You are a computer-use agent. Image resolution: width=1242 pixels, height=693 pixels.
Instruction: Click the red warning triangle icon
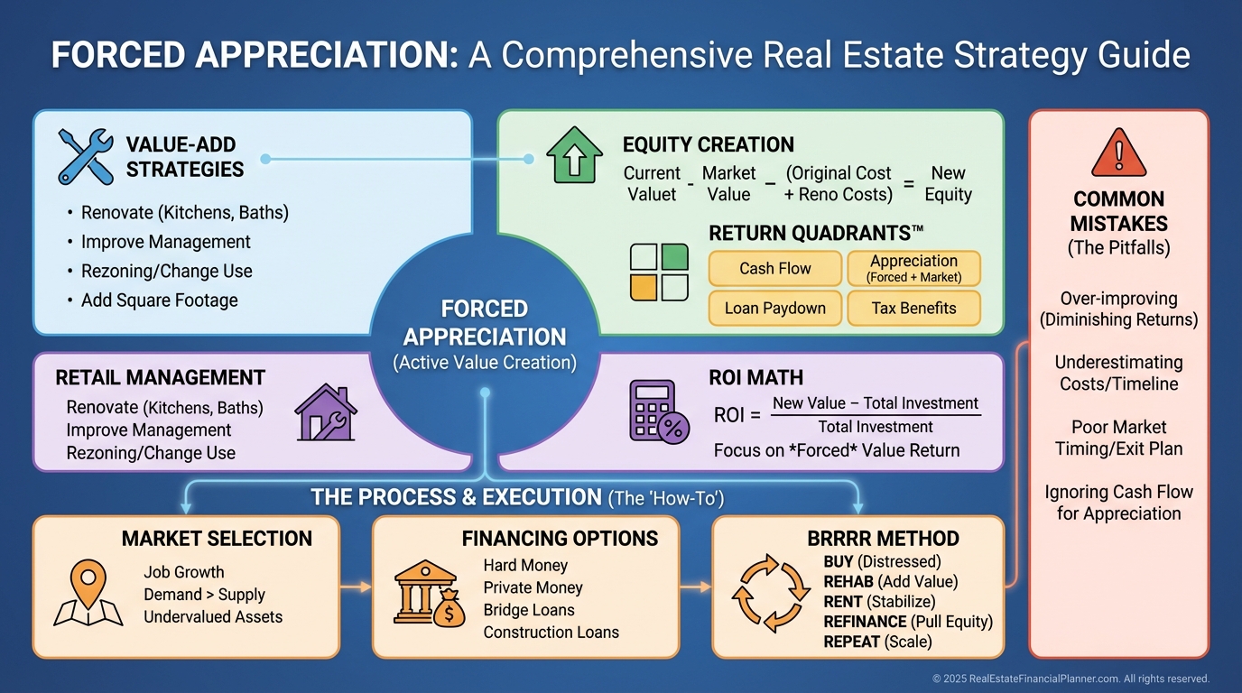(x=1118, y=152)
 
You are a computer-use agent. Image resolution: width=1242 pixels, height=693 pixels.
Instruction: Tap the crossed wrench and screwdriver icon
(x=86, y=156)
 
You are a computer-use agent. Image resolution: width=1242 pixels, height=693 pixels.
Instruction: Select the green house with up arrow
(x=574, y=154)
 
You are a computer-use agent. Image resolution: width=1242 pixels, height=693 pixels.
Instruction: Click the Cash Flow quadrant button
(x=775, y=268)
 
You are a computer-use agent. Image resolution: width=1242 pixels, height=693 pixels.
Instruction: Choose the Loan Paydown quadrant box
(x=775, y=309)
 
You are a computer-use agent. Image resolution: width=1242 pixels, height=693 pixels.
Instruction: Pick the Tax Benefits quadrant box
(x=913, y=309)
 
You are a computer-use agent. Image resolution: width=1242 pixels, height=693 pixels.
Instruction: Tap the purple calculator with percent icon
(x=659, y=411)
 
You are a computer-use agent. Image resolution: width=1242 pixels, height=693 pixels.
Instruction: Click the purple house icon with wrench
(x=326, y=412)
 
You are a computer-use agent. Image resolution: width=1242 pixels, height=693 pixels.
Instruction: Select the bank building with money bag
(x=429, y=593)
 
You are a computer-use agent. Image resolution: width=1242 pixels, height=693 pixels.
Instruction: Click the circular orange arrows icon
(x=771, y=593)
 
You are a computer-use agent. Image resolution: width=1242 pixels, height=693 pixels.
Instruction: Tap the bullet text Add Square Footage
(x=160, y=300)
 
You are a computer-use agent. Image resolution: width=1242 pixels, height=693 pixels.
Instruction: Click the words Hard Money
(x=525, y=566)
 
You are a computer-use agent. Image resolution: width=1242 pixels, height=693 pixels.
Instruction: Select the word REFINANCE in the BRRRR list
(x=865, y=622)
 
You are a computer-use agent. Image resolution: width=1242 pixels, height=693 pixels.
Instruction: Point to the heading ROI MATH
(x=755, y=377)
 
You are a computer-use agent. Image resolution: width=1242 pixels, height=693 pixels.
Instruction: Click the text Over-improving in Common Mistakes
(x=1119, y=299)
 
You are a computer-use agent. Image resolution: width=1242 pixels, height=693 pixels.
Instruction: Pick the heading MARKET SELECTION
(x=217, y=539)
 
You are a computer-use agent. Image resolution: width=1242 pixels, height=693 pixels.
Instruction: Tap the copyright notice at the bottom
(x=1071, y=679)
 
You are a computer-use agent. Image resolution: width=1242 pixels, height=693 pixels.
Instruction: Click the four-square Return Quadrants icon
(x=659, y=273)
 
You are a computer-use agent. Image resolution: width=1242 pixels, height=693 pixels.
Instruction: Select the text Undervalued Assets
(x=213, y=617)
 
